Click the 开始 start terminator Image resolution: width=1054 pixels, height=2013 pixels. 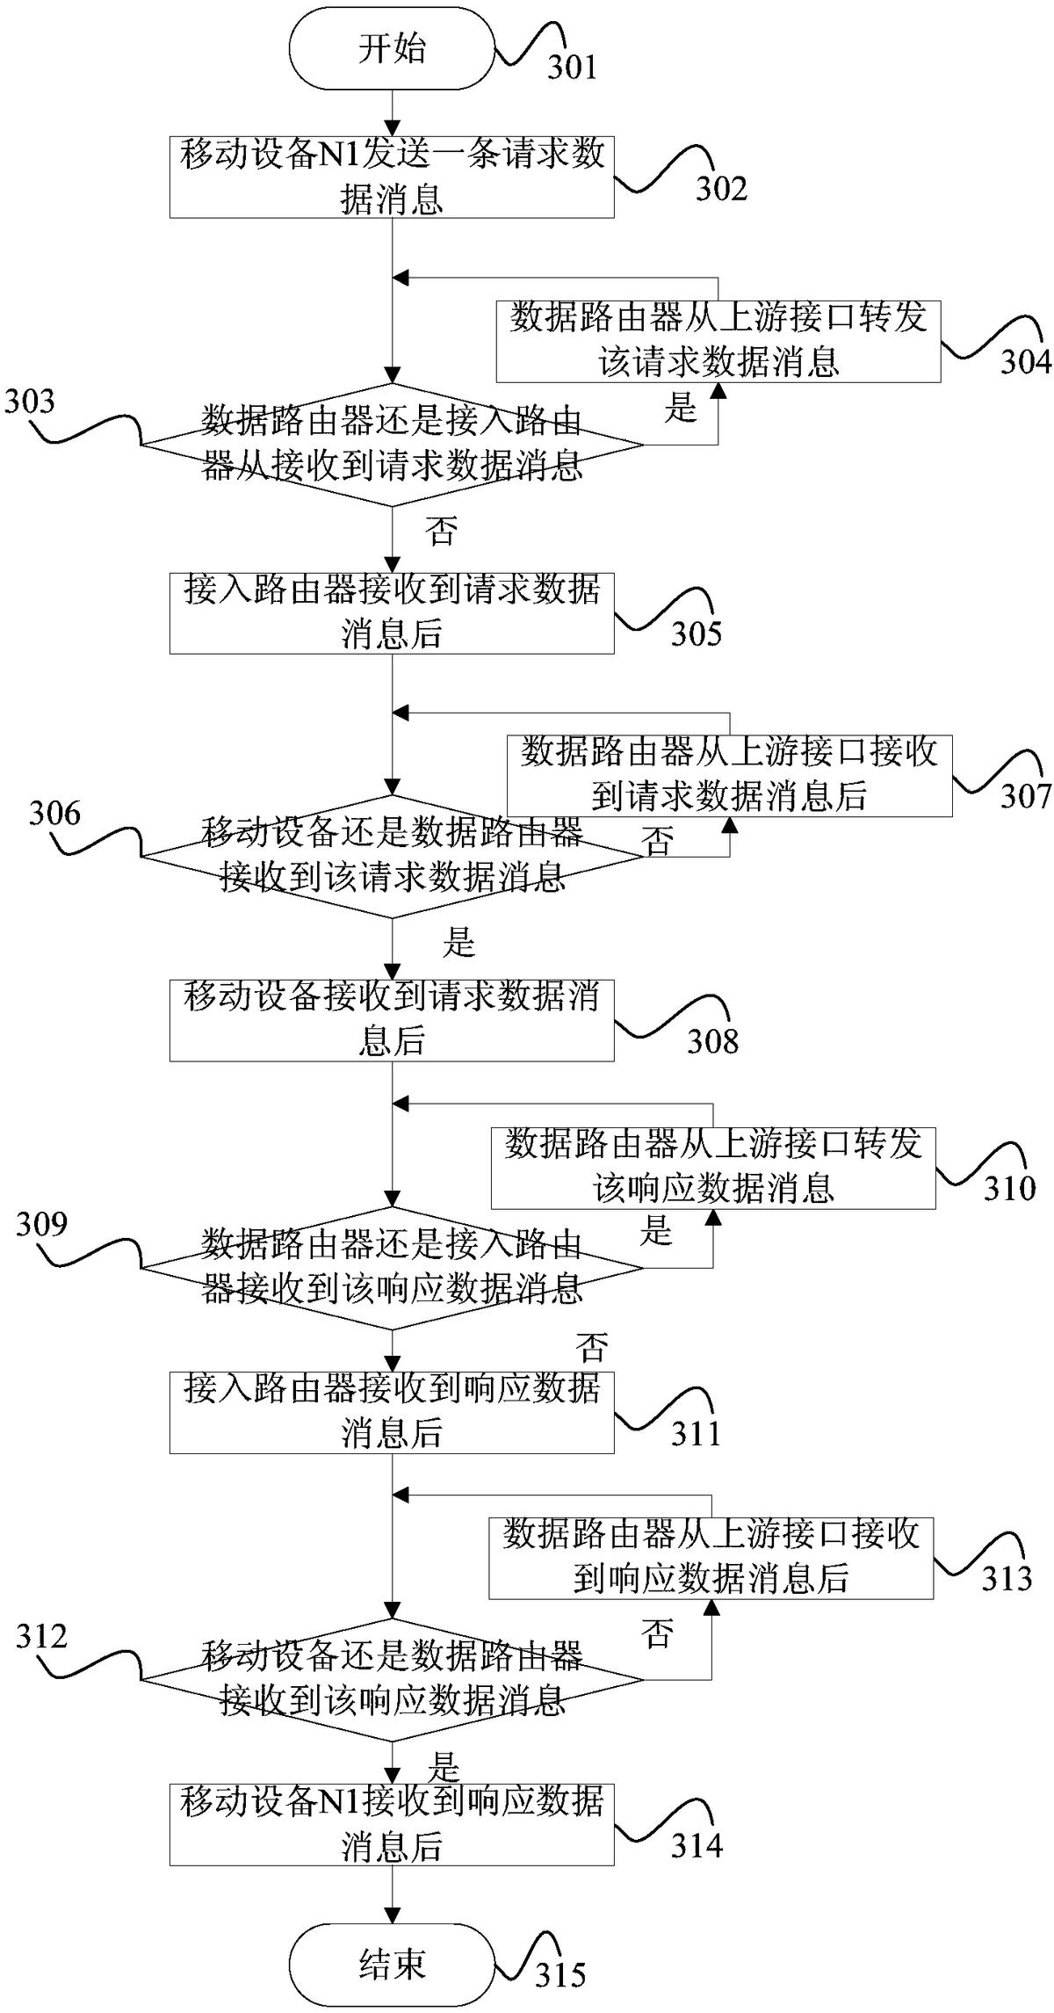pyautogui.click(x=392, y=49)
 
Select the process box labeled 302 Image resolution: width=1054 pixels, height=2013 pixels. pyautogui.click(x=392, y=177)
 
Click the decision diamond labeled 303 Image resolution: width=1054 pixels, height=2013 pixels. pyautogui.click(x=392, y=445)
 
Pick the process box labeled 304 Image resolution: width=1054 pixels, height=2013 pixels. pyautogui.click(x=718, y=341)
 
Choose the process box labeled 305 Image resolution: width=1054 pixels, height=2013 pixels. pyautogui.click(x=392, y=612)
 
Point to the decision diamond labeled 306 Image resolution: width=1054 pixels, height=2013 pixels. pyautogui.click(x=392, y=856)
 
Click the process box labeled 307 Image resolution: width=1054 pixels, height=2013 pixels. pyautogui.click(x=730, y=776)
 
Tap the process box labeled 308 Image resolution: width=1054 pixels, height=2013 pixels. pyautogui.click(x=392, y=1020)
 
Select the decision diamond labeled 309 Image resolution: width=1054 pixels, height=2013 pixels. pyautogui.click(x=392, y=1268)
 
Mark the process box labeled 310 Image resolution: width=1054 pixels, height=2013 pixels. pyautogui.click(x=713, y=1168)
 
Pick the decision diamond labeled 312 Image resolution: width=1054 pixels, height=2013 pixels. pyautogui.click(x=392, y=1680)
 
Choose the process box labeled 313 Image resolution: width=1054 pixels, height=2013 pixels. pyautogui.click(x=711, y=1558)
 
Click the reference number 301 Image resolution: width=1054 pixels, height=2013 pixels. pyautogui.click(x=573, y=68)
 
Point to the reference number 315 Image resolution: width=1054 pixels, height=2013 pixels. pyautogui.click(x=560, y=1975)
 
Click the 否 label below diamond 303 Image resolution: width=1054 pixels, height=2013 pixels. pyautogui.click(x=441, y=531)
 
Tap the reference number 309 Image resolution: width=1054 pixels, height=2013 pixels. pyautogui.click(x=41, y=1223)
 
